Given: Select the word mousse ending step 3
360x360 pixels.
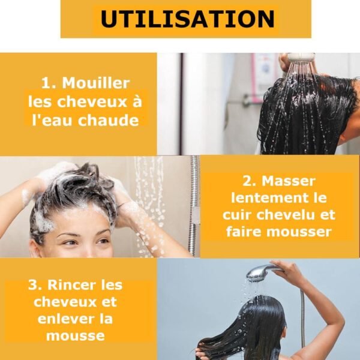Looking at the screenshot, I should [x=76, y=335].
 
